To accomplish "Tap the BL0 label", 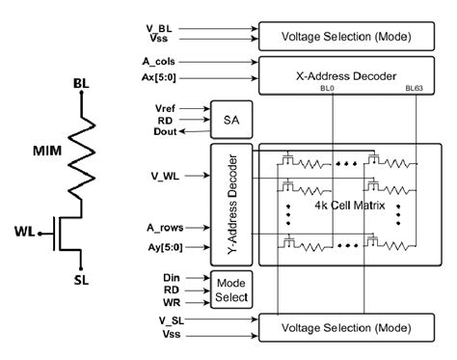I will (330, 88).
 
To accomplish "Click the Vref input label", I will (165, 108).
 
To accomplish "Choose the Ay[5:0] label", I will (154, 247).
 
